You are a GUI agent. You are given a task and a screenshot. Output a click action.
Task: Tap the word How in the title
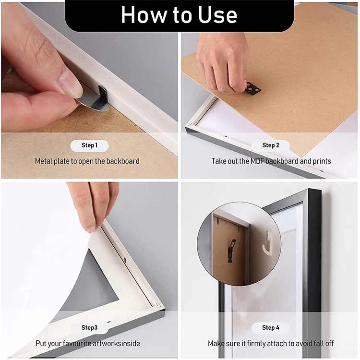(144, 15)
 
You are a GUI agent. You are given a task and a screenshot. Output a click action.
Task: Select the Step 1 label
(90, 145)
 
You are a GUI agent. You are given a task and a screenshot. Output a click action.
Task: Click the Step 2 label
(271, 145)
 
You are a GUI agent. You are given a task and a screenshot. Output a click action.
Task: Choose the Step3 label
(90, 328)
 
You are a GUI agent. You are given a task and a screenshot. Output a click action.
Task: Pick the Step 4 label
(271, 328)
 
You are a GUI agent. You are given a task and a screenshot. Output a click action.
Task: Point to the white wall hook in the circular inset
(268, 242)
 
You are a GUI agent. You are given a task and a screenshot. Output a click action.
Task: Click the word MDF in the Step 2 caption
(257, 161)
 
